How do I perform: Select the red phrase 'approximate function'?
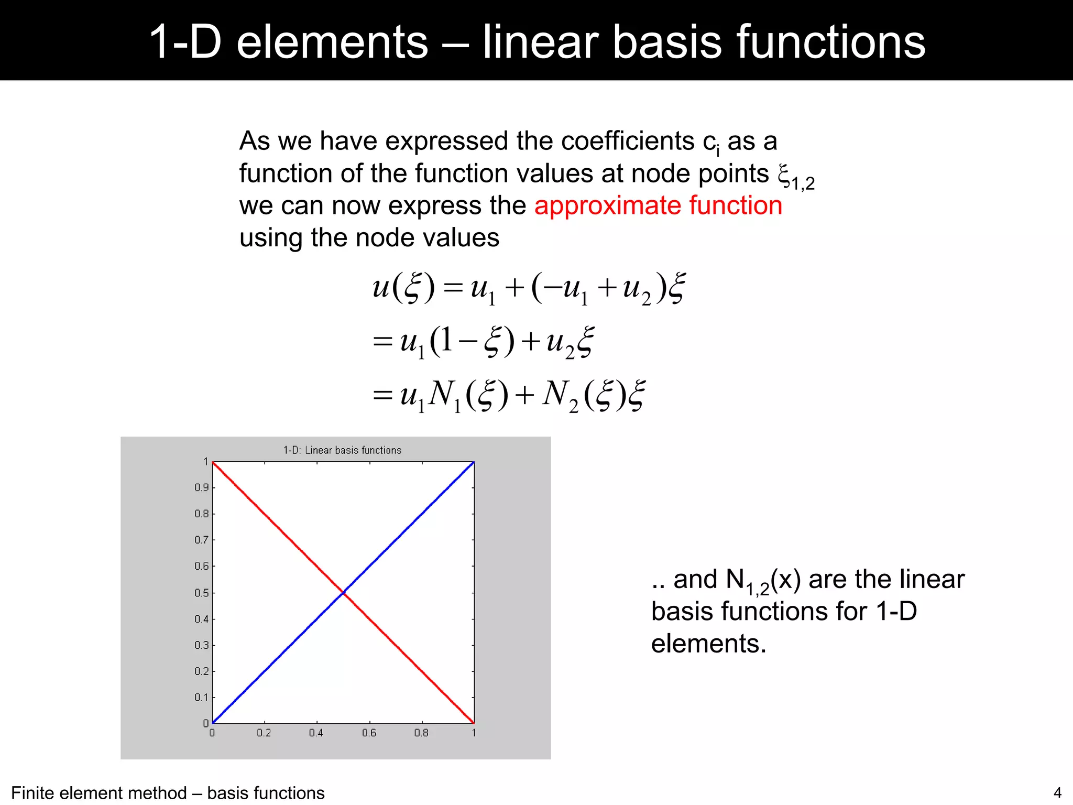[658, 205]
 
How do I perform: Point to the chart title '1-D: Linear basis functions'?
[342, 450]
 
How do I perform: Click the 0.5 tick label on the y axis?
[202, 593]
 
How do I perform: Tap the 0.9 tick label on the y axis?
[202, 488]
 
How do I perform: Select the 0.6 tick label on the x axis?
[369, 733]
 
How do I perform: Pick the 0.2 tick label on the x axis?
[264, 733]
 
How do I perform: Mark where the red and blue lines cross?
[343, 592]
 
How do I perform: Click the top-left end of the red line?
[213, 463]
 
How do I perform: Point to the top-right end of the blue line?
[473, 463]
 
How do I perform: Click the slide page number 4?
[1057, 793]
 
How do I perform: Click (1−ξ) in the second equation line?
[472, 342]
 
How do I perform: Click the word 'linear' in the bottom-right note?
[932, 580]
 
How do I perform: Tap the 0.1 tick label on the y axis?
[202, 698]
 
